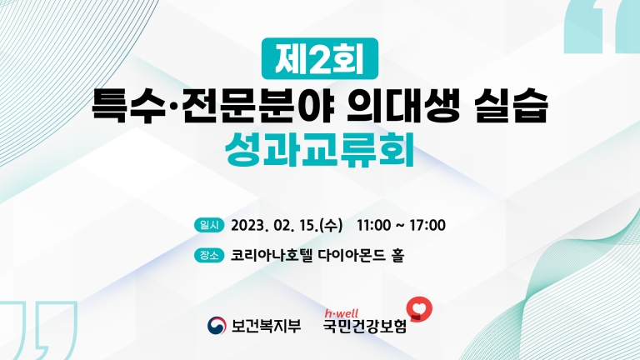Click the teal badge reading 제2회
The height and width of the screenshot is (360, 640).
tap(320, 58)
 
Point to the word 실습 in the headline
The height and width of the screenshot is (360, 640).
tap(511, 106)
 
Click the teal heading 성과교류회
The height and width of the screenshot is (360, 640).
tap(320, 150)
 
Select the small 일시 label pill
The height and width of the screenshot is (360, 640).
tap(209, 225)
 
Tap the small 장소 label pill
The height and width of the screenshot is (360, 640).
tap(209, 256)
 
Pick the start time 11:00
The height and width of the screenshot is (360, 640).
tap(374, 225)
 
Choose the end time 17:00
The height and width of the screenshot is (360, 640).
tap(427, 225)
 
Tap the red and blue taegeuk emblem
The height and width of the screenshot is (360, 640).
tap(217, 326)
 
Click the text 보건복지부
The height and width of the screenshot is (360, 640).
tap(266, 326)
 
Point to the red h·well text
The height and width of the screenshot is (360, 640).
tap(341, 313)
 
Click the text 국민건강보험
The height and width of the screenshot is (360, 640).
tap(365, 327)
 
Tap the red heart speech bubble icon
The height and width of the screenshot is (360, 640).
tap(419, 309)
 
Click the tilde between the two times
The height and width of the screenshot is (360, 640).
tap(400, 226)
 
